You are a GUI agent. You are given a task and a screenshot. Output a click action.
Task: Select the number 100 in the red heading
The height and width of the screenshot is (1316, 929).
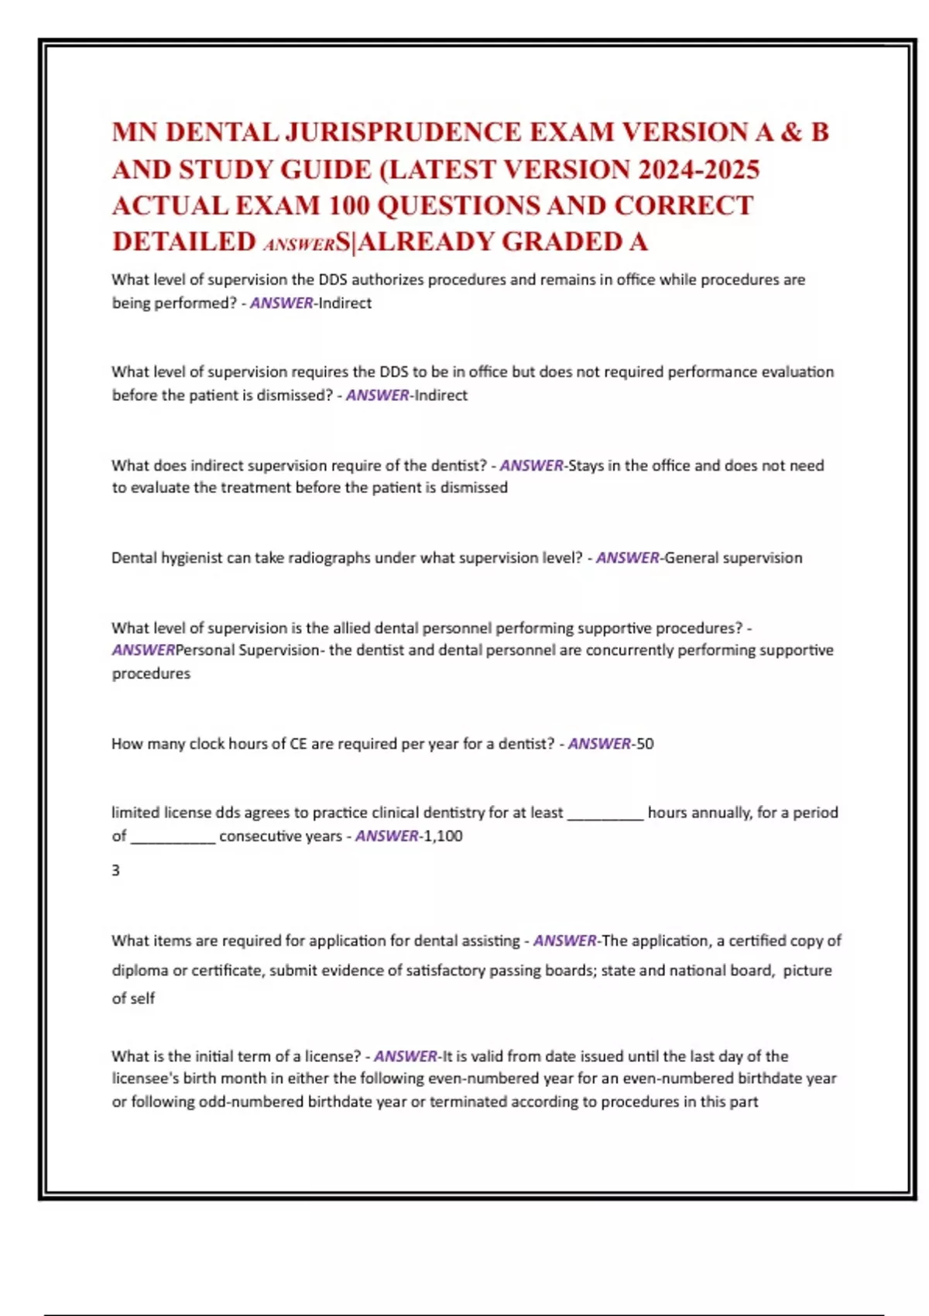pos(348,206)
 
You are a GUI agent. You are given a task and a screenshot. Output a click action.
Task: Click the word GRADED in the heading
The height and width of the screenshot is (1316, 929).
pos(559,242)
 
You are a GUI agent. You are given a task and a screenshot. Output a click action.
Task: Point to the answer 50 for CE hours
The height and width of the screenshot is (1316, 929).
pos(645,744)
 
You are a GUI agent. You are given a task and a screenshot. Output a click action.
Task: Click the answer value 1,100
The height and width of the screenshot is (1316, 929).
pos(443,836)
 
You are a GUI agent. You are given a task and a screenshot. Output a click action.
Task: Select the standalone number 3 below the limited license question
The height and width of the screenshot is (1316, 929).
pos(116,871)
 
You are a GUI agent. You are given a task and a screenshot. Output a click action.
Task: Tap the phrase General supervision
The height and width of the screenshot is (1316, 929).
pos(733,558)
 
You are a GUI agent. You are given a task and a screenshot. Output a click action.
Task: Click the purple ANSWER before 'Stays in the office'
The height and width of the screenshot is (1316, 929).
pos(532,466)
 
